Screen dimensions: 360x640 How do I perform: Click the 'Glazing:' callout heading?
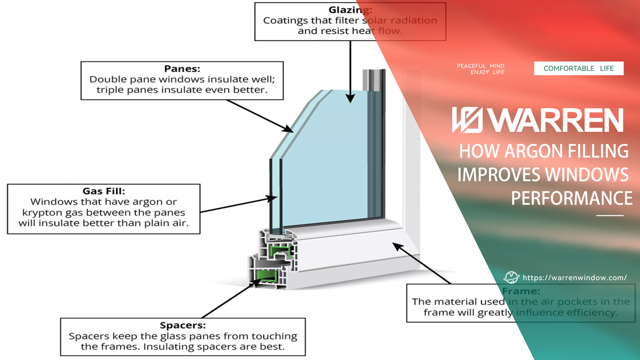click(350, 10)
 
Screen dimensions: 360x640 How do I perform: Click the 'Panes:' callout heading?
click(181, 69)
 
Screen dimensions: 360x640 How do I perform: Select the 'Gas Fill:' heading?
click(103, 191)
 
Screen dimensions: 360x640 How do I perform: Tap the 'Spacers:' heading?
click(183, 325)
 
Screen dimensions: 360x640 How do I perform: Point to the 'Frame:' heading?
click(521, 291)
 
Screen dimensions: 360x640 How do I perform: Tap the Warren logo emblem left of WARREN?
click(467, 121)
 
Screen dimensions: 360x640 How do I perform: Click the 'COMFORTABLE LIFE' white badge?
click(579, 68)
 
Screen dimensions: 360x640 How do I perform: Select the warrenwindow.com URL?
click(574, 278)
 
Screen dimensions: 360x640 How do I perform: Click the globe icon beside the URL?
click(511, 277)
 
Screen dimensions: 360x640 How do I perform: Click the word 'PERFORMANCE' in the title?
click(572, 198)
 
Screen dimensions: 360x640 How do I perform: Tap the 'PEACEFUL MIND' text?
click(481, 66)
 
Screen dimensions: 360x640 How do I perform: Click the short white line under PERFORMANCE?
click(609, 215)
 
